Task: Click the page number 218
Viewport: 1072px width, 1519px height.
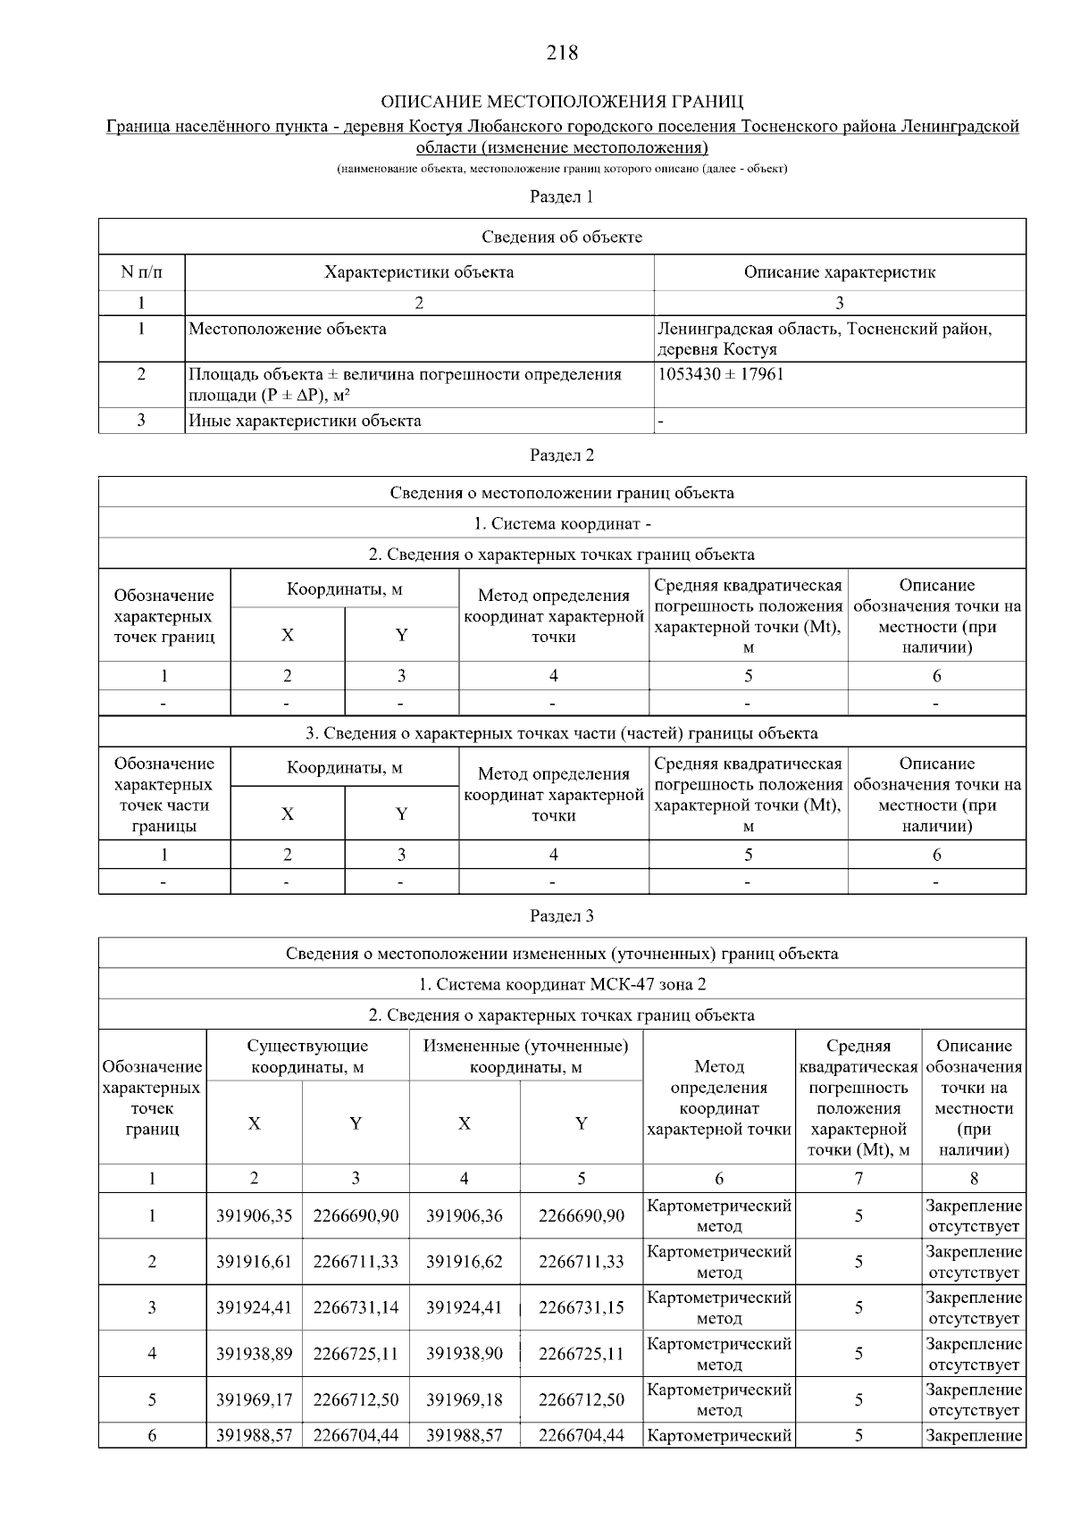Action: pyautogui.click(x=562, y=54)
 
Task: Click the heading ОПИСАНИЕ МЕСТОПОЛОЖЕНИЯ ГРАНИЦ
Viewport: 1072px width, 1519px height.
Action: pyautogui.click(x=562, y=102)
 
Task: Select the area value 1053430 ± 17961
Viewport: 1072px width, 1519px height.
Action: pyautogui.click(x=720, y=374)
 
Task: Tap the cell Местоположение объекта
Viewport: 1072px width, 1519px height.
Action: pyautogui.click(x=288, y=329)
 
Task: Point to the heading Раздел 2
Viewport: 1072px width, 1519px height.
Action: pyautogui.click(x=562, y=455)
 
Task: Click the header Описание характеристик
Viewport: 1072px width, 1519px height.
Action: pyautogui.click(x=839, y=272)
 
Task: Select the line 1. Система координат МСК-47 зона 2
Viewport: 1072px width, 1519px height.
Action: pyautogui.click(x=562, y=984)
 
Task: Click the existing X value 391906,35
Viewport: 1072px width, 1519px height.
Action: pyautogui.click(x=255, y=1215)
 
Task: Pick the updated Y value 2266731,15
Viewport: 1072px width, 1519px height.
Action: pyautogui.click(x=582, y=1307)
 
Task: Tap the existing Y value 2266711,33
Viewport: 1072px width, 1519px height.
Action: pyautogui.click(x=356, y=1262)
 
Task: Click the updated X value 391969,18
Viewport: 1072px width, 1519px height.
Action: pyautogui.click(x=465, y=1399)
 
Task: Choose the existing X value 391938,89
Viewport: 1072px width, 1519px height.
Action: pyautogui.click(x=255, y=1354)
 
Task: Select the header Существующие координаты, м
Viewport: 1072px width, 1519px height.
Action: pyautogui.click(x=307, y=1056)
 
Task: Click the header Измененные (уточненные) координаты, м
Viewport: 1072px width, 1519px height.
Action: pyautogui.click(x=526, y=1056)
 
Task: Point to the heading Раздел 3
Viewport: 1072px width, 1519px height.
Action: pyautogui.click(x=562, y=916)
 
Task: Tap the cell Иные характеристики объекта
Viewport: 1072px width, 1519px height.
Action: pyautogui.click(x=305, y=421)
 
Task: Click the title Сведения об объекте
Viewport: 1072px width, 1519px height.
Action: pyautogui.click(x=562, y=237)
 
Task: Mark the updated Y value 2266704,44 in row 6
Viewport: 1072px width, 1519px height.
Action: pyautogui.click(x=582, y=1436)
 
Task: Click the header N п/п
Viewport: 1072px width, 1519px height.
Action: pyautogui.click(x=141, y=272)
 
